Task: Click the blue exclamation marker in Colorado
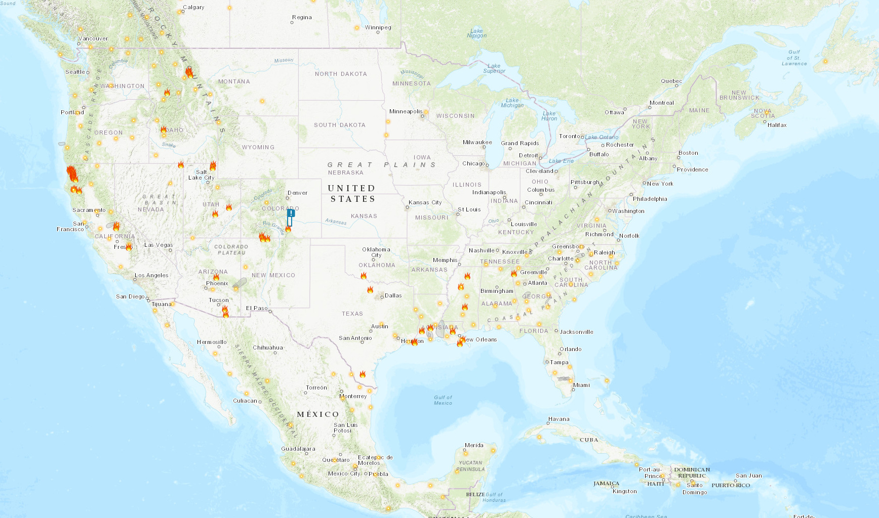[x=291, y=214]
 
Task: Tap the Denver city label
[x=297, y=193]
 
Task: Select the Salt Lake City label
[x=201, y=175]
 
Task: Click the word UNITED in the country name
[x=351, y=188]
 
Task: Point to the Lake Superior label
[x=494, y=68]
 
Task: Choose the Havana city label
[x=558, y=419]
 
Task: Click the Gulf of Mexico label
[x=443, y=400]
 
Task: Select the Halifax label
[x=777, y=125]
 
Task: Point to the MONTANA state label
[x=234, y=81]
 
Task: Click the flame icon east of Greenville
[x=514, y=273]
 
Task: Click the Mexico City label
[x=344, y=473]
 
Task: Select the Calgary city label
[x=193, y=7]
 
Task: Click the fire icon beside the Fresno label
[x=129, y=246]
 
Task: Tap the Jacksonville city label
[x=576, y=332]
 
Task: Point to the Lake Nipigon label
[x=476, y=33]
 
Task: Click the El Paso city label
[x=257, y=308]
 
